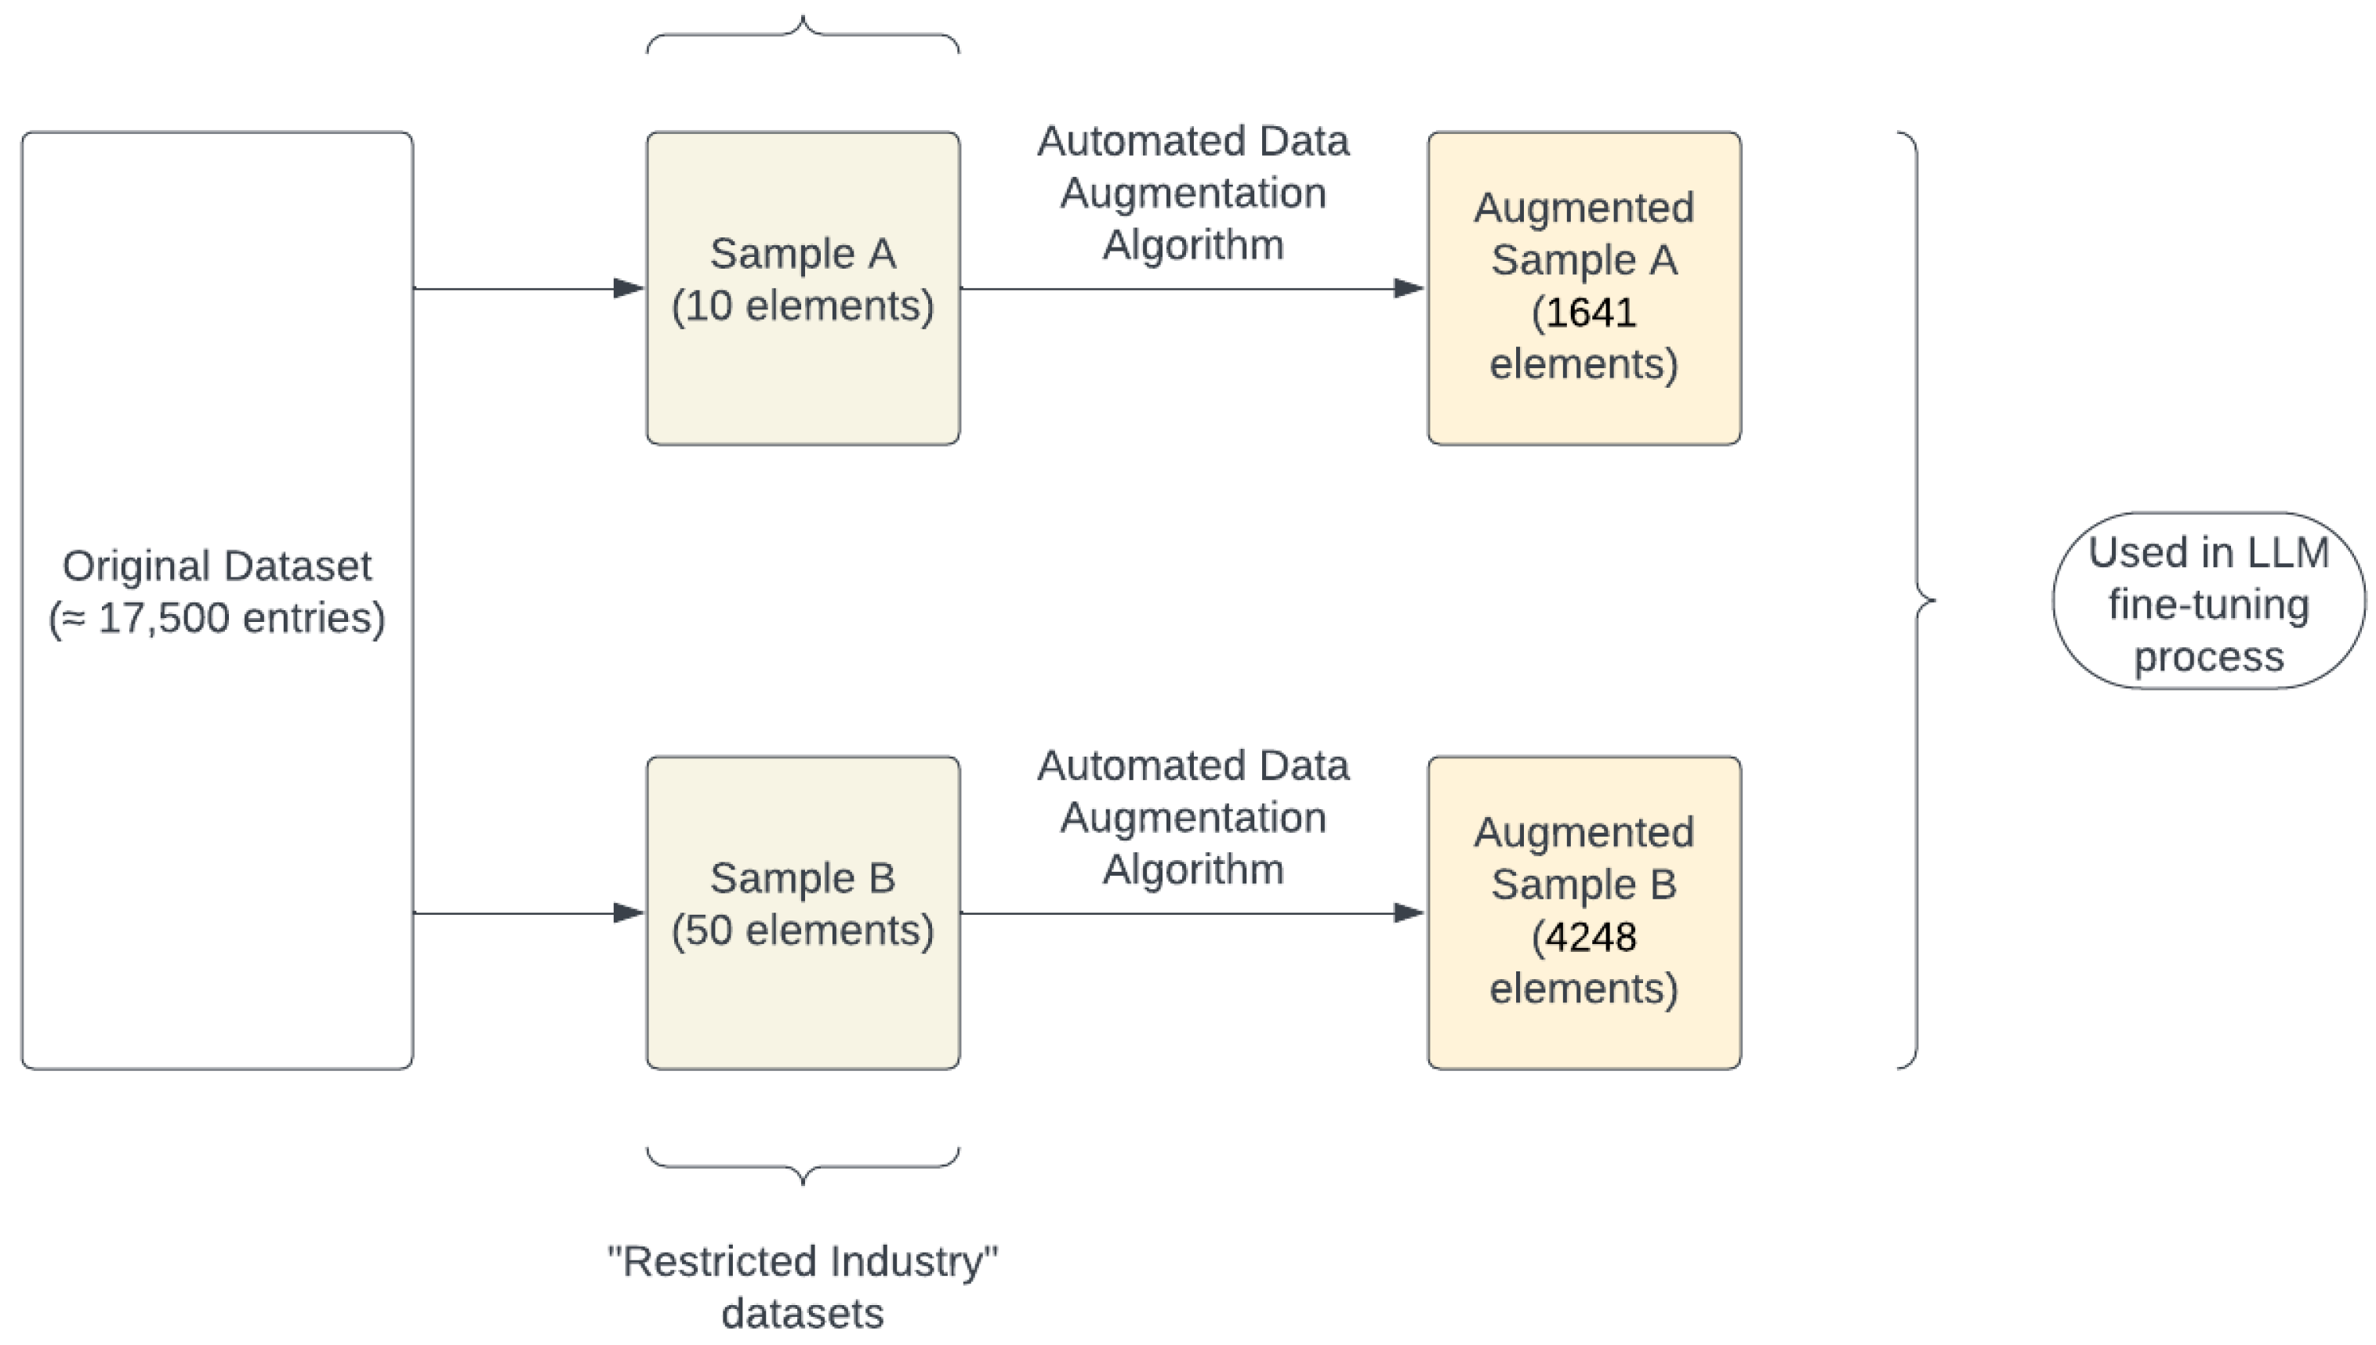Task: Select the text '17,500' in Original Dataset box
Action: (164, 618)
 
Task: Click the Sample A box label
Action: (802, 254)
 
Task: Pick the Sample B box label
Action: (802, 878)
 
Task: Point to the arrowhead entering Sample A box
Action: (629, 288)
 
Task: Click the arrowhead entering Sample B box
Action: (629, 913)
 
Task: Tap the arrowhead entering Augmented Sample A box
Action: (1409, 288)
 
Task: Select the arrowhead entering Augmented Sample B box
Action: (1409, 913)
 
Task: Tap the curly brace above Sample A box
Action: (802, 32)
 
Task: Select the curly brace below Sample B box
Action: (802, 1168)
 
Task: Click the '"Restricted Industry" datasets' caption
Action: (802, 1286)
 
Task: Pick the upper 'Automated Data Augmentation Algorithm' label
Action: (1192, 193)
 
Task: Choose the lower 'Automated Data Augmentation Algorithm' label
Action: (1192, 818)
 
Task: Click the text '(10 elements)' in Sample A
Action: (802, 306)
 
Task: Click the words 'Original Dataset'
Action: (216, 566)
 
